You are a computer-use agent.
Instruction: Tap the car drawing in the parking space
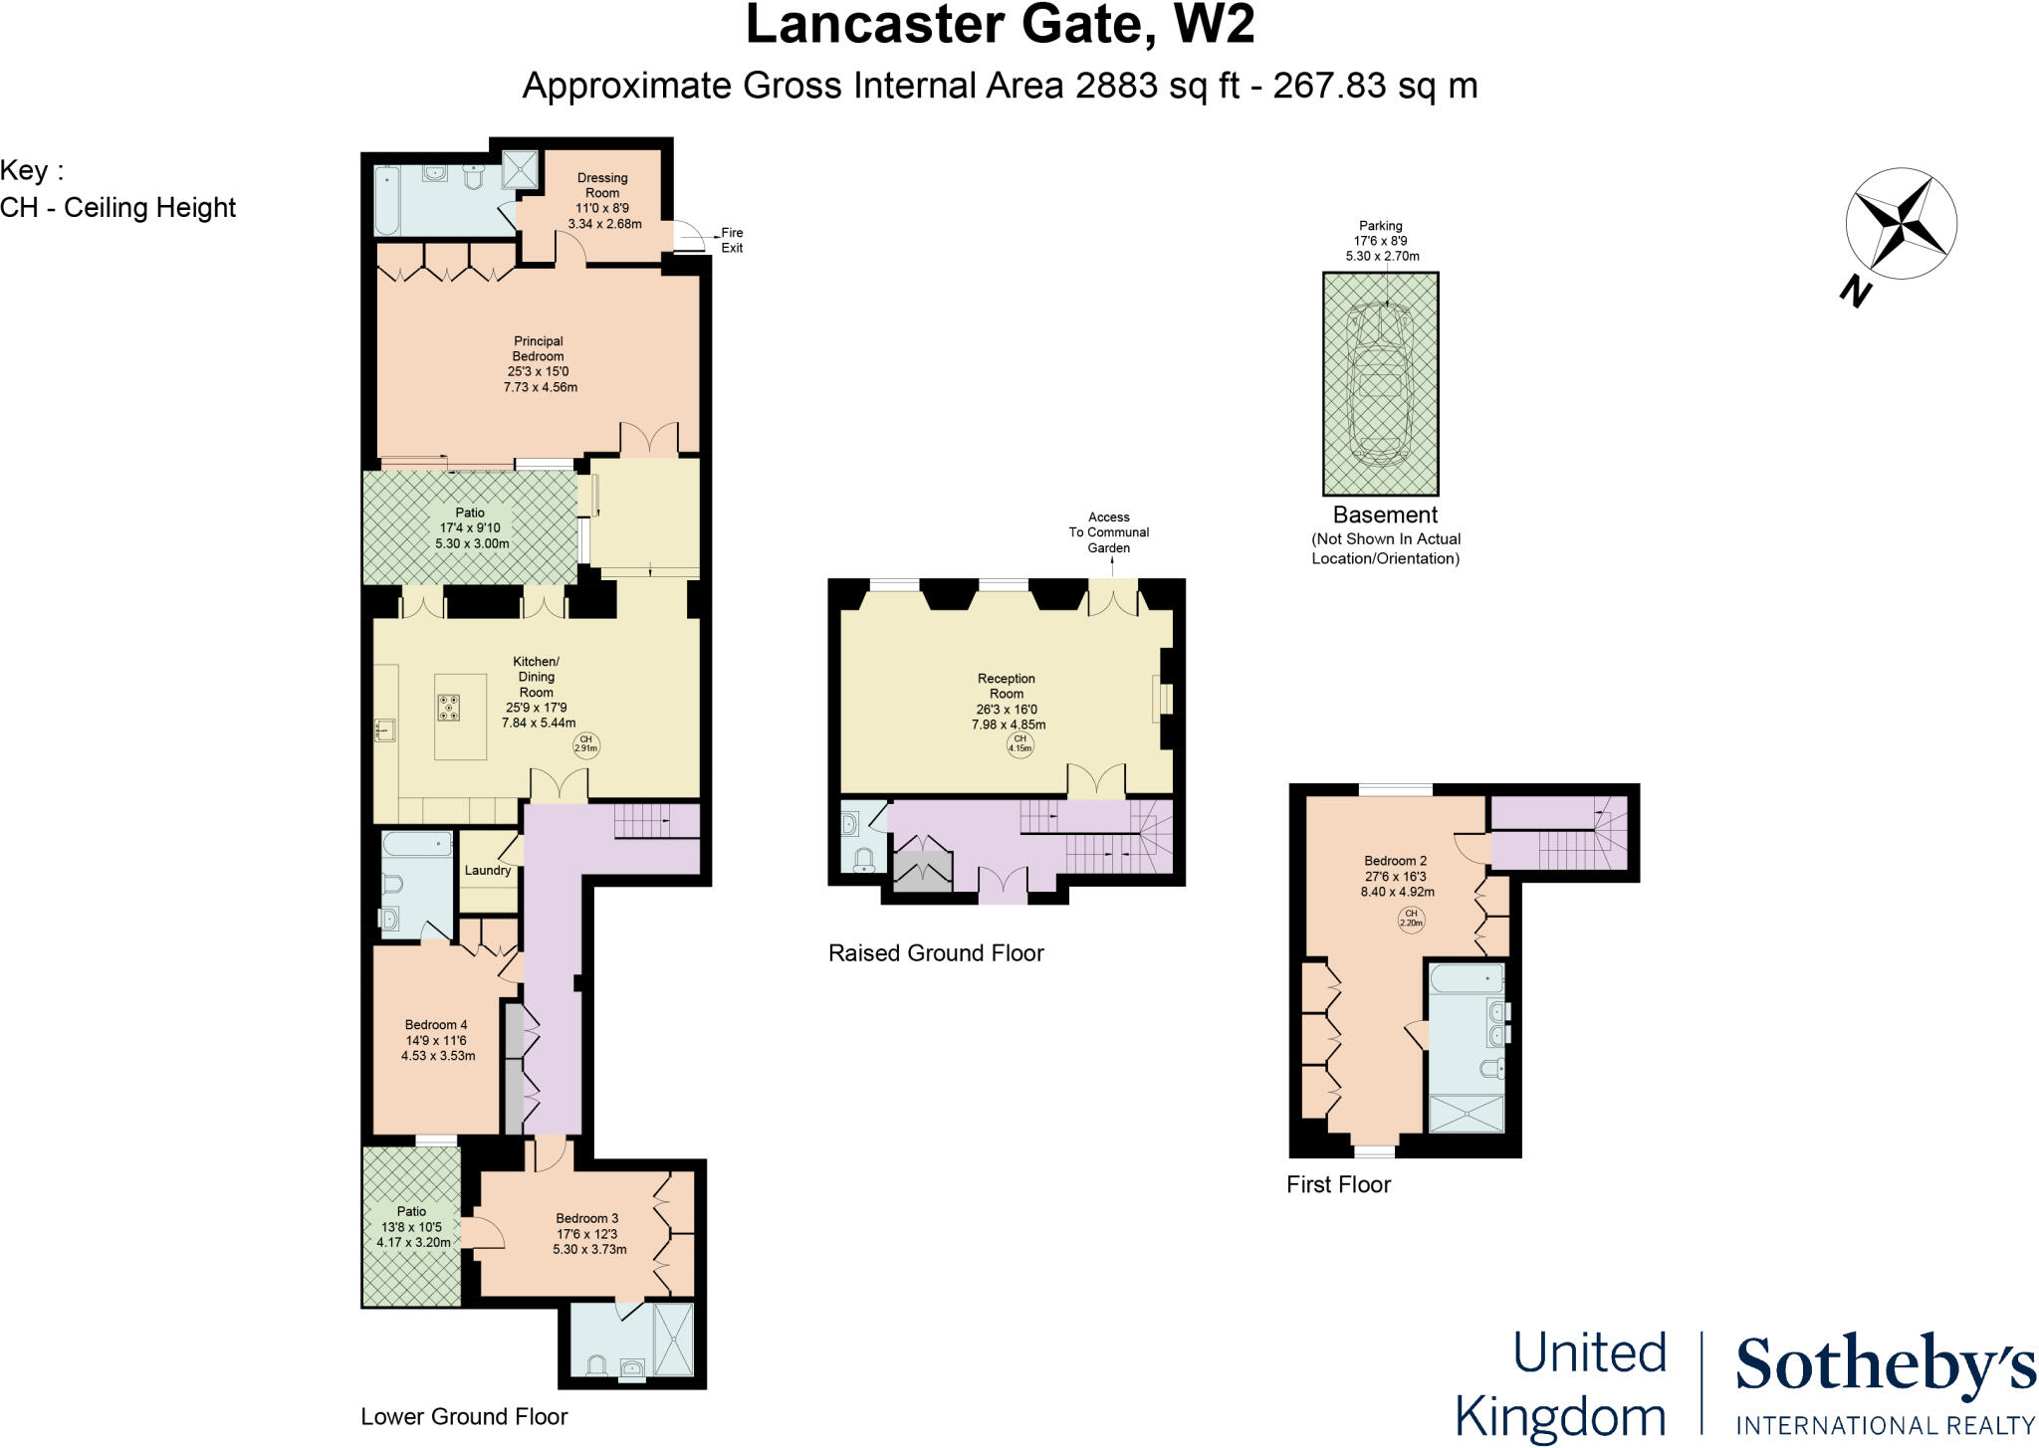coord(1380,384)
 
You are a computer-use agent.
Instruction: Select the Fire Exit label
coord(732,240)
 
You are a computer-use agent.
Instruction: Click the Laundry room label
coord(488,870)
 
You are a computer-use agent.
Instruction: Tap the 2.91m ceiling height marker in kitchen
coord(586,744)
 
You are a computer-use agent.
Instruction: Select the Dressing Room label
coord(602,186)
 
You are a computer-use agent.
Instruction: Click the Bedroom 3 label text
coord(587,1218)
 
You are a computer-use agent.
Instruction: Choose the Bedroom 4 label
coord(436,1024)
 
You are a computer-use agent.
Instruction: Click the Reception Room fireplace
coord(1161,698)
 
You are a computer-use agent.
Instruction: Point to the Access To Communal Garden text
coord(1109,532)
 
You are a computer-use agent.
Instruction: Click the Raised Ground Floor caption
coord(936,952)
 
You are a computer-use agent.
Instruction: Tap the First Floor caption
coord(1338,1184)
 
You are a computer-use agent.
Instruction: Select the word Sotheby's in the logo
coord(1885,1365)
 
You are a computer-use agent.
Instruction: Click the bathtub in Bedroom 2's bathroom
coord(1466,979)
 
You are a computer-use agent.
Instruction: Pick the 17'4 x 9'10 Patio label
coord(471,528)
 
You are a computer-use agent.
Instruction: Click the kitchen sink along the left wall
coord(385,731)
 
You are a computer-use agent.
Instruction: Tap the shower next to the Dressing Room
coord(520,169)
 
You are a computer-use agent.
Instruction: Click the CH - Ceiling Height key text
coord(118,207)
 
